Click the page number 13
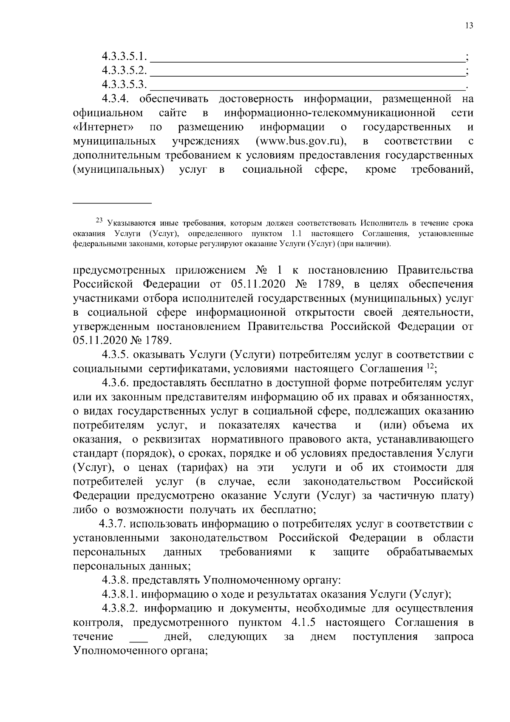(x=469, y=26)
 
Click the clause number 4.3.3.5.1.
(x=124, y=56)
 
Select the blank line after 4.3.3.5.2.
(x=308, y=71)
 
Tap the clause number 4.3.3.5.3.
(x=124, y=85)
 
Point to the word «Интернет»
(x=104, y=127)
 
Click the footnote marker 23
(x=99, y=220)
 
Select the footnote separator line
(x=112, y=202)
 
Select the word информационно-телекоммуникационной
(x=330, y=113)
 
